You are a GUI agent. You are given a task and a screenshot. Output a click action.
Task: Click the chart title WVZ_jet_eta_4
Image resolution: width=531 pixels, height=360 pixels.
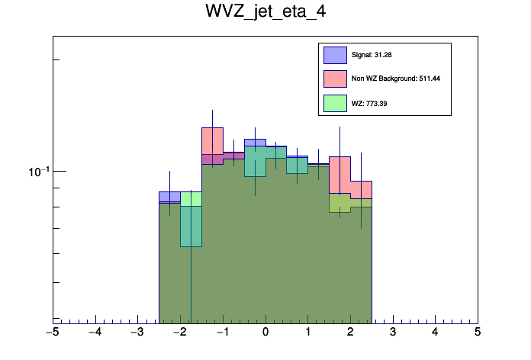point(265,13)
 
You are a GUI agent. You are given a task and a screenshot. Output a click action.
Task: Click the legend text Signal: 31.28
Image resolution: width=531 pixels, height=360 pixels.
point(372,55)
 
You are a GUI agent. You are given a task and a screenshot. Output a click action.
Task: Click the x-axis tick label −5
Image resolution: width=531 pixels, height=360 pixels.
point(52,333)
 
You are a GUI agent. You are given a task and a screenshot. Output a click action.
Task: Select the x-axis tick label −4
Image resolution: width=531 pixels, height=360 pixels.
point(95,333)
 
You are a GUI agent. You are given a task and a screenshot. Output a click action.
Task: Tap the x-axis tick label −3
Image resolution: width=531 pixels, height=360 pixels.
point(137,333)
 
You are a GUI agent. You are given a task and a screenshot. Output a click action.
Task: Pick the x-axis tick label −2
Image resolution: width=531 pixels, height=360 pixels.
point(179,333)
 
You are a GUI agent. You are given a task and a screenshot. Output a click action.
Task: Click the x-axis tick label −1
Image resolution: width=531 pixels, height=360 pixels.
point(222,333)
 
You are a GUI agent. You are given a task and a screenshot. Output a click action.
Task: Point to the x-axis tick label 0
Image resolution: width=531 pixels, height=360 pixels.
point(265,333)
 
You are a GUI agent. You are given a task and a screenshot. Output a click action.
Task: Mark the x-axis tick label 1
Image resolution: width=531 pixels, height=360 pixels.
point(308,333)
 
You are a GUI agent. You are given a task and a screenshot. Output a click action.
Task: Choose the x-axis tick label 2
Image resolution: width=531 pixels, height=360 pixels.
point(350,333)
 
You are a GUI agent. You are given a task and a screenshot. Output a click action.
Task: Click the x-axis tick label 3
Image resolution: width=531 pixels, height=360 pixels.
point(393,333)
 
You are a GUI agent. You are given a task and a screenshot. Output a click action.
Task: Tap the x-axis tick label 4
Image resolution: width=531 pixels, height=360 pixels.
point(435,333)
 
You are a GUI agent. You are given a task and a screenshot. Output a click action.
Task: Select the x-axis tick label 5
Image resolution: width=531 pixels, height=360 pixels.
point(478,333)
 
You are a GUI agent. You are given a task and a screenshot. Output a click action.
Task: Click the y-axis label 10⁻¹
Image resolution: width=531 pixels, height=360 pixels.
point(37,171)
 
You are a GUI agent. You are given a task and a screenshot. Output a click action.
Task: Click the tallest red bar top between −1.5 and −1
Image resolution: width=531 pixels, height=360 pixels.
point(212,128)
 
